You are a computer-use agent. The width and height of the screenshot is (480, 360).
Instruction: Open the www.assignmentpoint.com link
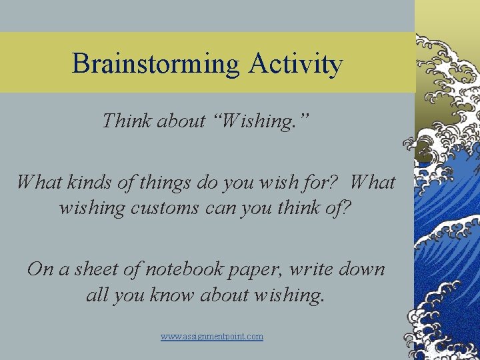point(212,337)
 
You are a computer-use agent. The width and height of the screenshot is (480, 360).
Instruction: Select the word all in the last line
point(97,295)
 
